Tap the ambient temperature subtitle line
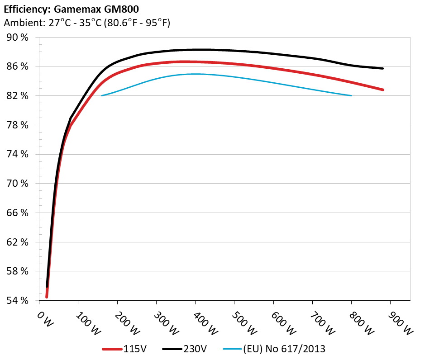click(x=87, y=23)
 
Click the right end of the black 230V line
click(x=383, y=68)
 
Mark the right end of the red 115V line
click(x=383, y=90)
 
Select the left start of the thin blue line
click(x=101, y=95)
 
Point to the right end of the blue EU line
click(x=352, y=95)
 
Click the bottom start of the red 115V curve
click(x=47, y=297)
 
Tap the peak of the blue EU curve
click(x=195, y=74)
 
